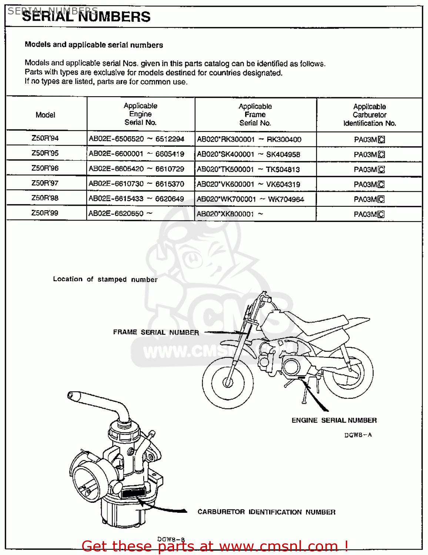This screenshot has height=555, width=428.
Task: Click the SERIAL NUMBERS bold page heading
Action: [86, 17]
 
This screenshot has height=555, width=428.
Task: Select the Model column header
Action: [45, 115]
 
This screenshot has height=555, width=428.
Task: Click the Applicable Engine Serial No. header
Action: [140, 114]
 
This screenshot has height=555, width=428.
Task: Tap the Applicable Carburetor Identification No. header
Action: [369, 115]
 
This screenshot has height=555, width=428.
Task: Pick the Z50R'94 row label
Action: [45, 138]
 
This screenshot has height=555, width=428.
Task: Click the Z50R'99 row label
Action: [45, 213]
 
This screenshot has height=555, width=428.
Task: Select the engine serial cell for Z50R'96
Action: [136, 169]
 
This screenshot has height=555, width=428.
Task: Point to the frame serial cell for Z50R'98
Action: [250, 199]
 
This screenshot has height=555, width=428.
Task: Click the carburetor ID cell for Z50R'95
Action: [369, 155]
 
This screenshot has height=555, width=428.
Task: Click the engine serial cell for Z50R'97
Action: [136, 184]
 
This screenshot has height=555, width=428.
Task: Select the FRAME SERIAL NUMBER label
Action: [156, 333]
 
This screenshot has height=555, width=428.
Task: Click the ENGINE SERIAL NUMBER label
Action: [334, 420]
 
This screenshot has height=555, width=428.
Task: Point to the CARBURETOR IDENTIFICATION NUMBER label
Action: [266, 512]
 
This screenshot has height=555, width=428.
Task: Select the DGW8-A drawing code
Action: [358, 435]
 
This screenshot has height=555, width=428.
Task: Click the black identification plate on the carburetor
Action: [133, 493]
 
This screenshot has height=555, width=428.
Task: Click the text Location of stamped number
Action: [105, 279]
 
